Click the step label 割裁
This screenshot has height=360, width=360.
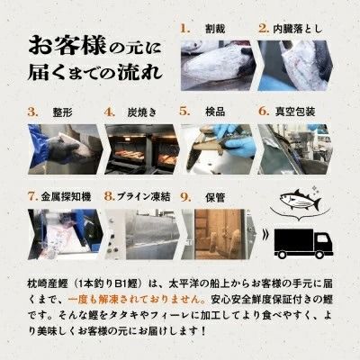coord(217,28)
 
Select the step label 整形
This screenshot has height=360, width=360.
coord(61,112)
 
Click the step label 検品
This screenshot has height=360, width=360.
coord(216,112)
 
